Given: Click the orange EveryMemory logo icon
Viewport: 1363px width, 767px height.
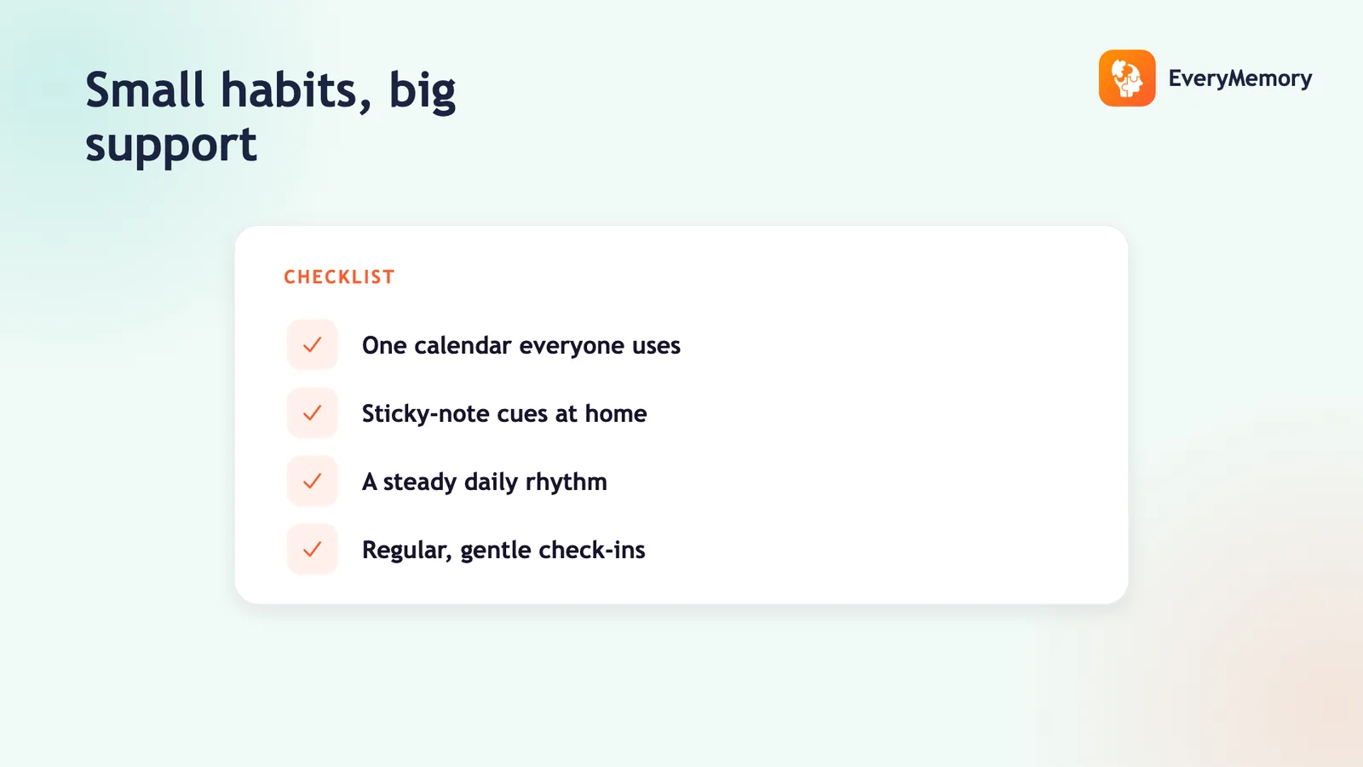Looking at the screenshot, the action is [1127, 78].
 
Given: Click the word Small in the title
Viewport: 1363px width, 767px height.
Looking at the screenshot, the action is [144, 90].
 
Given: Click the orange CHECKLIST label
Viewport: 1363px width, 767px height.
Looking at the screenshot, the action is [339, 277].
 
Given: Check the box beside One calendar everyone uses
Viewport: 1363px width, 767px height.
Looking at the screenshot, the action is [312, 345].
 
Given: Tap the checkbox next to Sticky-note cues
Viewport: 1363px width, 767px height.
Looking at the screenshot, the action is [312, 413].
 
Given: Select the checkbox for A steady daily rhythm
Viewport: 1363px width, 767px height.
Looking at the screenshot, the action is [312, 482].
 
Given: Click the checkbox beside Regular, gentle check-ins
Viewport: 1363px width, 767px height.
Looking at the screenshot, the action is [312, 550].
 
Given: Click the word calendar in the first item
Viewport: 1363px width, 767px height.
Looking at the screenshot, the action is [463, 346].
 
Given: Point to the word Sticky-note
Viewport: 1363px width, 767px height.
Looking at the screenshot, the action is [426, 414].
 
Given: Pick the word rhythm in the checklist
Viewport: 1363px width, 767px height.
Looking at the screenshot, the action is [566, 482].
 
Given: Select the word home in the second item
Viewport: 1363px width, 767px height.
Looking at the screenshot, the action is [616, 414].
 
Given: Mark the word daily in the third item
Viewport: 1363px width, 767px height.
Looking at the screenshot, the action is [491, 482].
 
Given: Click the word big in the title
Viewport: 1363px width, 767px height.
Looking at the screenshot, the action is [423, 92].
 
